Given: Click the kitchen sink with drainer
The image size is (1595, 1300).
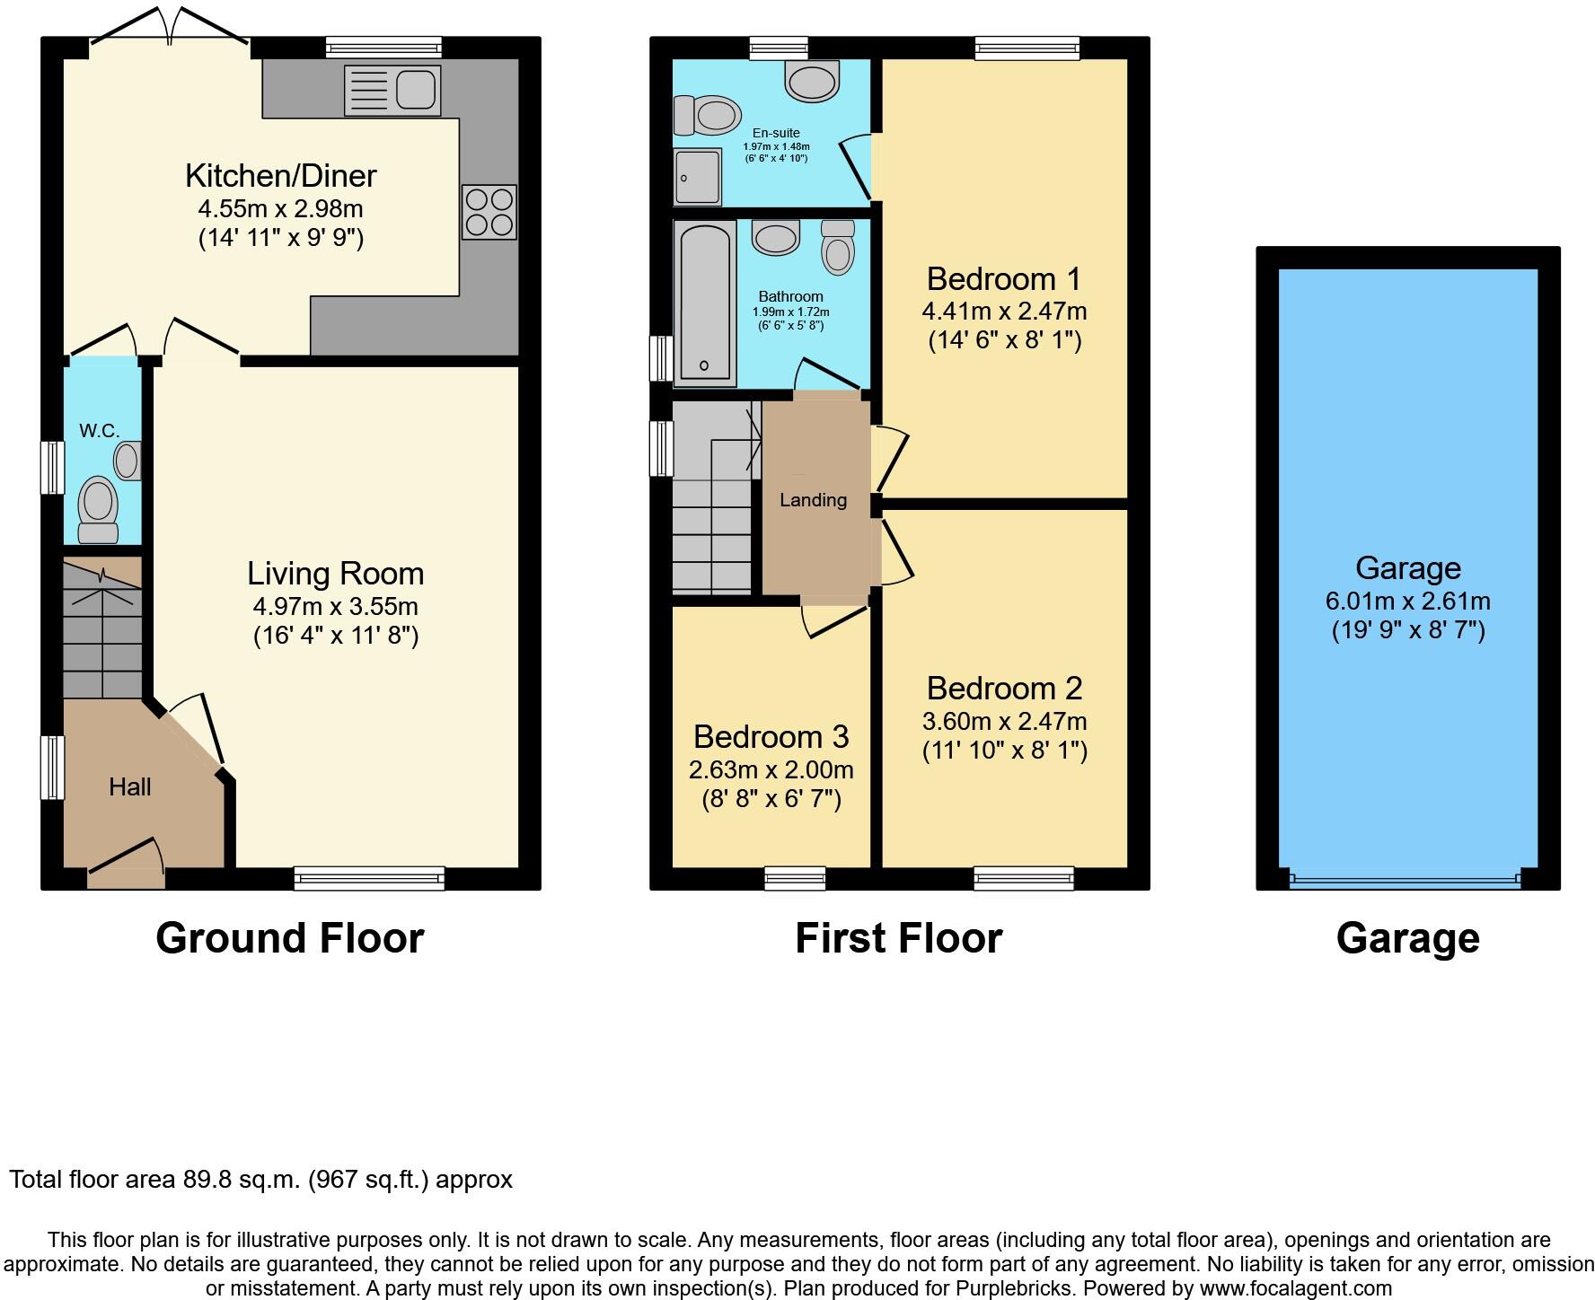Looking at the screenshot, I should click(392, 91).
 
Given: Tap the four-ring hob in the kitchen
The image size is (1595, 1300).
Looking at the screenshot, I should click(489, 212).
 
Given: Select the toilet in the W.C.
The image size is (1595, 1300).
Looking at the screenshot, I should click(98, 507).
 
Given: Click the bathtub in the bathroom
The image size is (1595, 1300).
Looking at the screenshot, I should click(704, 303).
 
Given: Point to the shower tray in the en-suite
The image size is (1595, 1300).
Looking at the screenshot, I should click(697, 178).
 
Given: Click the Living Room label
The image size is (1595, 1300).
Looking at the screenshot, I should click(335, 574).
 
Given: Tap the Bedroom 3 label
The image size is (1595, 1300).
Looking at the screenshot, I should click(771, 736).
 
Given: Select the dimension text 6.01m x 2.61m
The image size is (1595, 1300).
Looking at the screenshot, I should click(1407, 601).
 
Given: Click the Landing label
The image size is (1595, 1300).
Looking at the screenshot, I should click(813, 500).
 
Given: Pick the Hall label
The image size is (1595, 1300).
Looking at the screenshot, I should click(129, 787).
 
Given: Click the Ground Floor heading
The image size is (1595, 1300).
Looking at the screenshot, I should click(289, 938).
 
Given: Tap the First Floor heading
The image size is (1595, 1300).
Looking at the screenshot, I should click(898, 938).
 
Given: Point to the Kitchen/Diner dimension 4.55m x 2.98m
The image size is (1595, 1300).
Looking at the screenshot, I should click(280, 209).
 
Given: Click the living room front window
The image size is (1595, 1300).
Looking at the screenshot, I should click(369, 877).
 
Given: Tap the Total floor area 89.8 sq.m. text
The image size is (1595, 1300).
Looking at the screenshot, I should click(260, 1179).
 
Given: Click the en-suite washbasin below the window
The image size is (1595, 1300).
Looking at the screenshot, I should click(813, 80).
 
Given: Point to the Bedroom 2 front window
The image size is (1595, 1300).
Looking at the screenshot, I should click(1023, 877).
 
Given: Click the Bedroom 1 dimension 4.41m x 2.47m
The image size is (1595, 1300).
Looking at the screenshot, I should click(1004, 312).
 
